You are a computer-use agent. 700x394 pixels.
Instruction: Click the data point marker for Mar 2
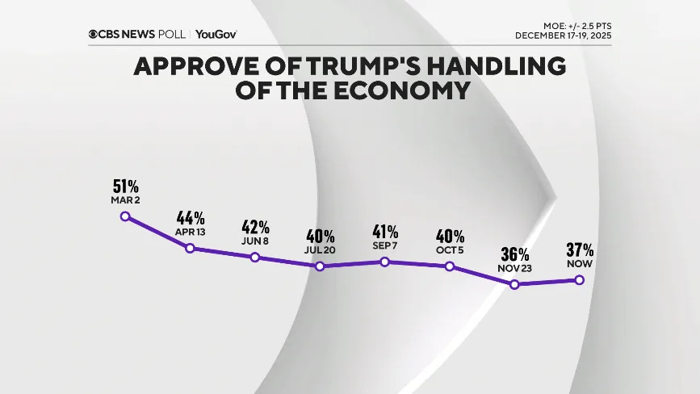[125, 216]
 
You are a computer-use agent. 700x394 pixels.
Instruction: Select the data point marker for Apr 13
[191, 248]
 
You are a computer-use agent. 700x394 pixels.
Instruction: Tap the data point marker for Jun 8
[255, 257]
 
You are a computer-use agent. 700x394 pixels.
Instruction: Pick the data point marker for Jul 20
[320, 266]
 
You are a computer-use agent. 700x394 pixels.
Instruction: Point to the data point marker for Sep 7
[385, 262]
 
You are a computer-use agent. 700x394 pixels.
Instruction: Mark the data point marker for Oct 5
[450, 266]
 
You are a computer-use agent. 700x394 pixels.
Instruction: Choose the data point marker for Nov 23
[514, 283]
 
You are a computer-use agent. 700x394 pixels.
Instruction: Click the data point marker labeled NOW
[579, 279]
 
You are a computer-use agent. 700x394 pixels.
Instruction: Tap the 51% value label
[125, 185]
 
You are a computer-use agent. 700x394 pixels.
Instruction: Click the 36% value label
[514, 254]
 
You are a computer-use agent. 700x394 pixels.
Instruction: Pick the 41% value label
[385, 230]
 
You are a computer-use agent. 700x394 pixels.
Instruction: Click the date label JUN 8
[255, 240]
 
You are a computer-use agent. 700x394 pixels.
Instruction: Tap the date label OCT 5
[450, 249]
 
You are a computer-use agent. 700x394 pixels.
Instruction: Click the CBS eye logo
[94, 35]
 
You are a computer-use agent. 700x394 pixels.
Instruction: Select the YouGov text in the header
[216, 35]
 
